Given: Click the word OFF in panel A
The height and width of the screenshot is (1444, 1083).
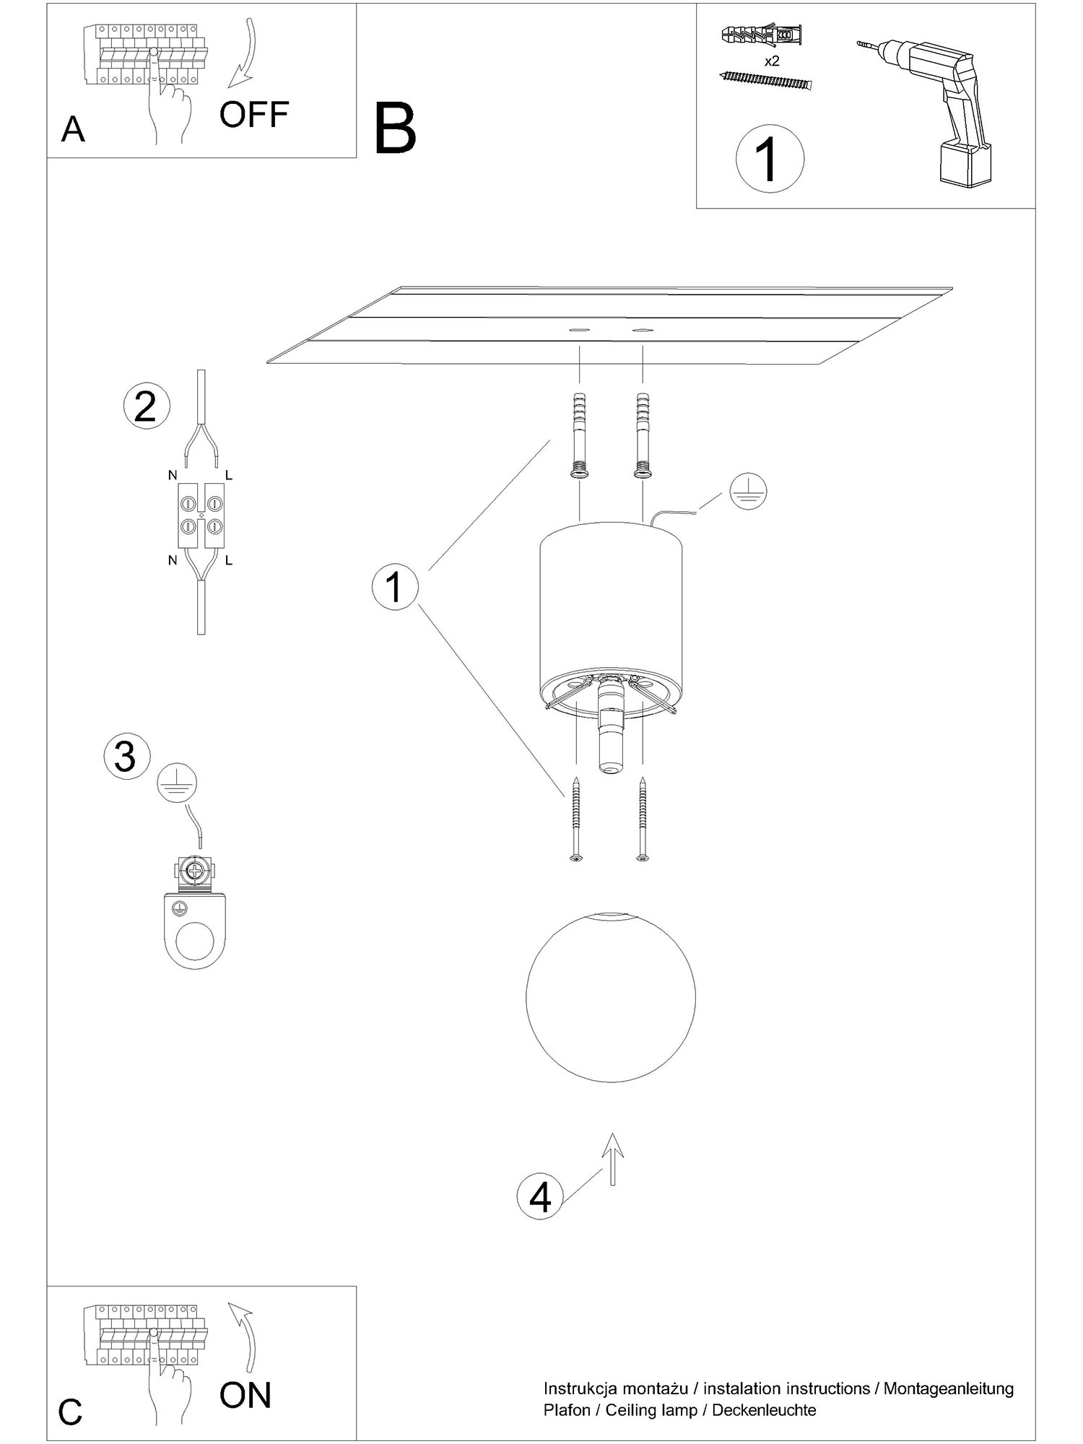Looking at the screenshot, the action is point(254,114).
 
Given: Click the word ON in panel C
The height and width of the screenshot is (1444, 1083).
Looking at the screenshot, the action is point(245,1395).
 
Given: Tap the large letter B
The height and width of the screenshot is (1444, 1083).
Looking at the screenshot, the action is point(396,129).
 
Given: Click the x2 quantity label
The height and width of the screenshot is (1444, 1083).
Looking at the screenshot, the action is point(772,61).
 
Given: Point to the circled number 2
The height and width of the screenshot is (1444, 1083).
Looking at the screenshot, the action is point(147,406).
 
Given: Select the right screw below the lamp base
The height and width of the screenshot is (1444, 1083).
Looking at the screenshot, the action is point(643,819).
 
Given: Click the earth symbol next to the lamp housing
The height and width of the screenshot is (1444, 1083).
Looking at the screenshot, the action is point(748,492).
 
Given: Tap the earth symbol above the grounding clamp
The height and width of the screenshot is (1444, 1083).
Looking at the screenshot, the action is point(177,783).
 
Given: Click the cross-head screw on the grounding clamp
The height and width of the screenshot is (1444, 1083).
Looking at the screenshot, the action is point(194,872).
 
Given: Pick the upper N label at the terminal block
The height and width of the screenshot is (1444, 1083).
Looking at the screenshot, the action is point(172,475).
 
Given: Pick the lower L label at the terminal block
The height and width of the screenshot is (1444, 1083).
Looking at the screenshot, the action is point(228,560).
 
